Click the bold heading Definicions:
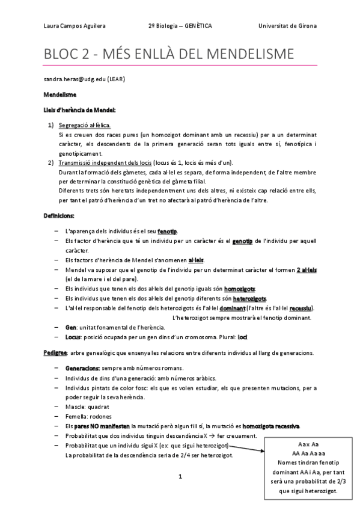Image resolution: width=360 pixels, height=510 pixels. pos(59,215)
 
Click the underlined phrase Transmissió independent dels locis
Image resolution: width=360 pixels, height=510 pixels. pos(105,163)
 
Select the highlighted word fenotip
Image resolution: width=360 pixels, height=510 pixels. pos(168,232)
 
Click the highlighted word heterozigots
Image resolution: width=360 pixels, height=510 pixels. pos(249,298)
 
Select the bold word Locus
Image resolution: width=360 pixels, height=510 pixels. pos(72,337)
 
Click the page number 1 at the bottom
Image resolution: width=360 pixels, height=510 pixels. pos(180,476)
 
